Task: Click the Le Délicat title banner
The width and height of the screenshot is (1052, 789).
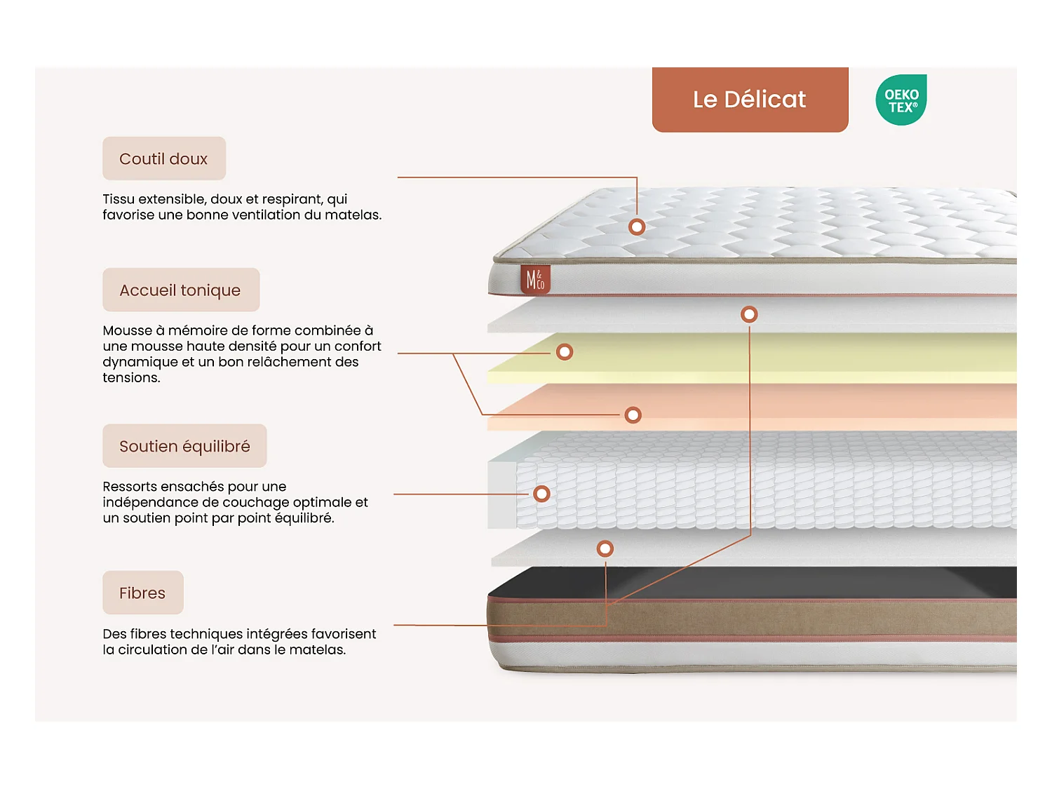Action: pos(750,99)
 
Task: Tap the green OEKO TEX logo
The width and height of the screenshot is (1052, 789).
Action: pos(901,100)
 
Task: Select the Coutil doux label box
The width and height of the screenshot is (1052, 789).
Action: pos(164,159)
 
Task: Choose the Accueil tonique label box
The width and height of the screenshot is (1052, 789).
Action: pos(181,290)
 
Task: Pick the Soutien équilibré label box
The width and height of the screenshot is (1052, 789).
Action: pos(184,446)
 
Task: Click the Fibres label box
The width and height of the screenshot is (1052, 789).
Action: pos(143,593)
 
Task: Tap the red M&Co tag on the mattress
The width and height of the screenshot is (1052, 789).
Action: pos(535,280)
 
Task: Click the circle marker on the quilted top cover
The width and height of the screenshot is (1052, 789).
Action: pos(637,227)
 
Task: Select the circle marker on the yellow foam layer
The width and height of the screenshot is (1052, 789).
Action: pos(565,352)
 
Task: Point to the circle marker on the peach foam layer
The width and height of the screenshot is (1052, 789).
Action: pos(633,415)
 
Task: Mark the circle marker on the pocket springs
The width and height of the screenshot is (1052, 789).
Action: pos(541,494)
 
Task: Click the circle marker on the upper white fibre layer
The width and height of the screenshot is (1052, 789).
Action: pos(749,314)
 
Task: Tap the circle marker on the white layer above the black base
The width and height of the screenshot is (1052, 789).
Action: pos(605,548)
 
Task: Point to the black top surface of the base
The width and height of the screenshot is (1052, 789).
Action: pos(771,583)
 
